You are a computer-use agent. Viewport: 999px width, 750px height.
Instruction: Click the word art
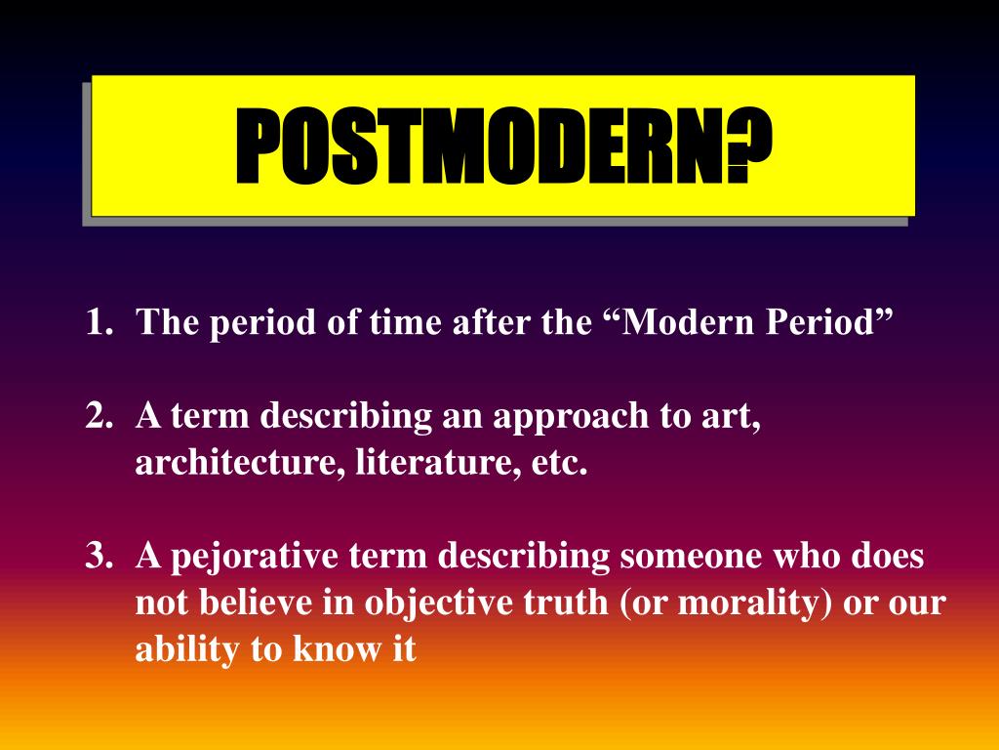[x=738, y=417]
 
